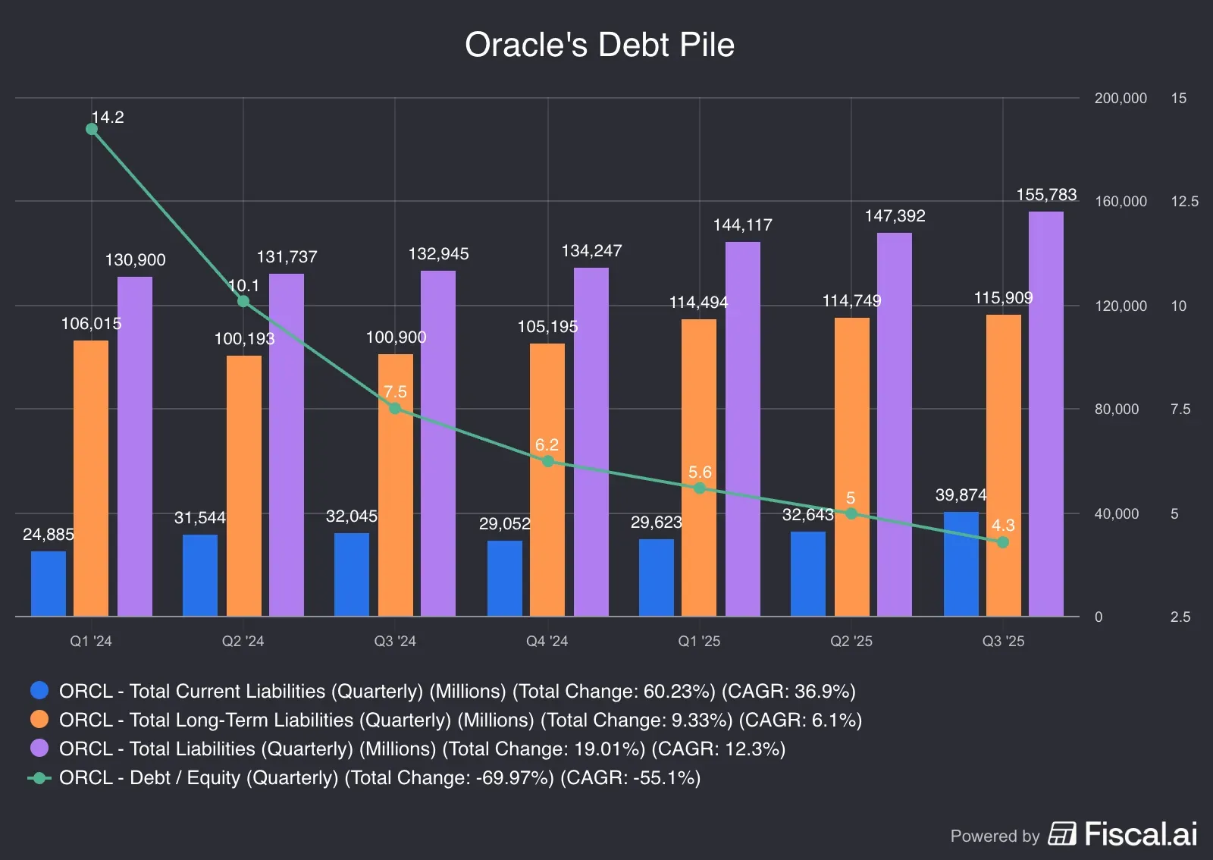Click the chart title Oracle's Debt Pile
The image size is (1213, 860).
click(x=599, y=45)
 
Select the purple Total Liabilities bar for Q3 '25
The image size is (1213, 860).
click(x=1045, y=413)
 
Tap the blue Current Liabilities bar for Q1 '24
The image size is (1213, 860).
click(x=49, y=584)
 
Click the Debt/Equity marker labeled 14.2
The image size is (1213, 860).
click(x=92, y=129)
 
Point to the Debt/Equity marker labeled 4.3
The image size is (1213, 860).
click(x=1002, y=542)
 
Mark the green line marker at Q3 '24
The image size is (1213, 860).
click(x=395, y=408)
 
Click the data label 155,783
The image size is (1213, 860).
click(x=1046, y=195)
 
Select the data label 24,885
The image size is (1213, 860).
click(x=49, y=535)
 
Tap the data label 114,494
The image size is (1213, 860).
click(x=697, y=303)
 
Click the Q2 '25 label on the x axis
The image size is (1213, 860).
click(x=851, y=642)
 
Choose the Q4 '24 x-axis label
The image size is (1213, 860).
click(x=547, y=642)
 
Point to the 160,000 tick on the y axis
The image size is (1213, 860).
click(x=1120, y=202)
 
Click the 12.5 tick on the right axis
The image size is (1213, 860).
click(x=1183, y=202)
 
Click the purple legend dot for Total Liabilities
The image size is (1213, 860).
click(x=39, y=749)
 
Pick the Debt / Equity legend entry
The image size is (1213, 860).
click(x=379, y=778)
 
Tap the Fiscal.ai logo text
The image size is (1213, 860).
click(x=1140, y=834)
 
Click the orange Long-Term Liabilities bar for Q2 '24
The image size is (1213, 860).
click(x=243, y=485)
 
